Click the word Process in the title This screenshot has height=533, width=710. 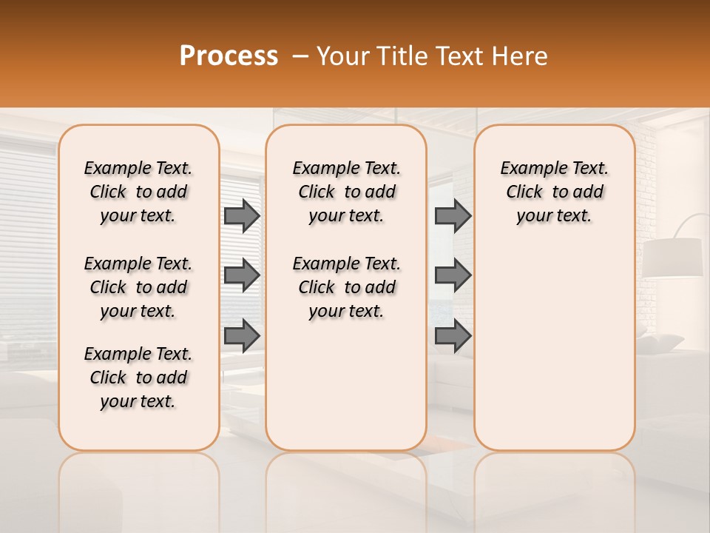[229, 56]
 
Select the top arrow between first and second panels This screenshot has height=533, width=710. [241, 216]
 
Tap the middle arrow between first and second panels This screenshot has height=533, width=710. [241, 275]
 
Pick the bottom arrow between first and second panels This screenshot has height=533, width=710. [241, 335]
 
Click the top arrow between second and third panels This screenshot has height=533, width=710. [453, 216]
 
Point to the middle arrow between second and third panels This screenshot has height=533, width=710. [453, 275]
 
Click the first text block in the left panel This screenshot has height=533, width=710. [138, 192]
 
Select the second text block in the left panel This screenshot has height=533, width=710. [138, 287]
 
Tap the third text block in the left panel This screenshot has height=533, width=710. [138, 378]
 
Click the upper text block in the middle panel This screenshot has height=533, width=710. [346, 192]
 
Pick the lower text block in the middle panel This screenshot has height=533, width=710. [346, 287]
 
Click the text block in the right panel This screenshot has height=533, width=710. [554, 192]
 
